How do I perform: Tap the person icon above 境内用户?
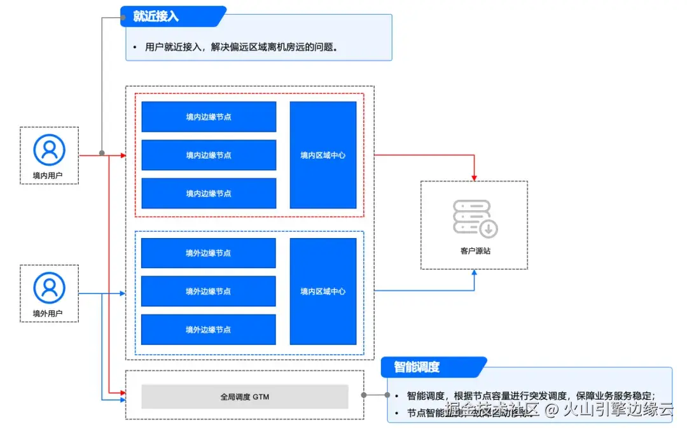(x=49, y=150)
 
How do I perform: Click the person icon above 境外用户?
(x=49, y=287)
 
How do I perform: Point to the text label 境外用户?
(x=49, y=313)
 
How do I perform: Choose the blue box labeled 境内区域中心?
(x=323, y=155)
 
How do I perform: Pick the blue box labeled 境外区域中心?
(x=323, y=292)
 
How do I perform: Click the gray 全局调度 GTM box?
(x=245, y=397)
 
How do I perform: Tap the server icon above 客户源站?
(x=475, y=218)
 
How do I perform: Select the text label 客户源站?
(x=475, y=251)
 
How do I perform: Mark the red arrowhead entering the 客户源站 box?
(x=475, y=176)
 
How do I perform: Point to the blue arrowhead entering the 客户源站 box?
(x=475, y=273)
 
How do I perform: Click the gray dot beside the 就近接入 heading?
(x=123, y=17)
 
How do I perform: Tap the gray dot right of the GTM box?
(x=364, y=395)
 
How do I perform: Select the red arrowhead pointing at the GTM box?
(x=122, y=394)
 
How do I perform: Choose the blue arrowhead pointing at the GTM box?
(x=122, y=400)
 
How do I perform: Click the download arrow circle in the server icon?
(x=489, y=228)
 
